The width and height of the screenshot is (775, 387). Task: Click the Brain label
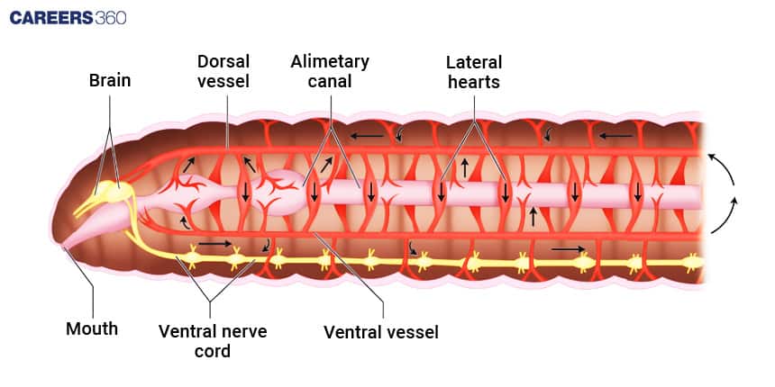[109, 80]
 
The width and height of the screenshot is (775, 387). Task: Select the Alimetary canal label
[330, 71]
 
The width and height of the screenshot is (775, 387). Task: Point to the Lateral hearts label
[474, 71]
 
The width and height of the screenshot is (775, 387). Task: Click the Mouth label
[92, 328]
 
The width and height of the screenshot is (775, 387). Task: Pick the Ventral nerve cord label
[213, 339]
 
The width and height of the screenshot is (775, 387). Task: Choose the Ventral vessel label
[381, 332]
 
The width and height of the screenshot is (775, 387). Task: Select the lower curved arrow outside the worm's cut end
[725, 216]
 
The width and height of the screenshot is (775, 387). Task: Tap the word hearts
[474, 81]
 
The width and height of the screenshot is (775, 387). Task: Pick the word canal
[330, 81]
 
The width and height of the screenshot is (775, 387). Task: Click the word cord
[213, 350]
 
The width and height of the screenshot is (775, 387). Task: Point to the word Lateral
[474, 62]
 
